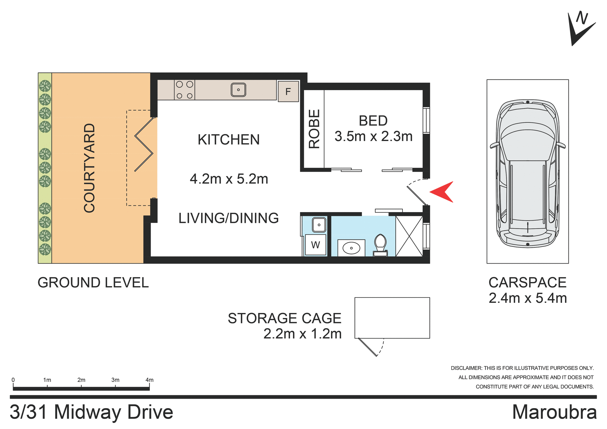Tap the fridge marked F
[288, 92]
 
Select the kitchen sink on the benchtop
[238, 90]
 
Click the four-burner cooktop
[185, 90]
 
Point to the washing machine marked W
[316, 245]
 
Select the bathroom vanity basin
[351, 248]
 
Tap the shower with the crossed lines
[409, 236]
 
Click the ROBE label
[314, 129]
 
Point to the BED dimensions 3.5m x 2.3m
[373, 137]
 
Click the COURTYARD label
[89, 168]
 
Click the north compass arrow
[579, 29]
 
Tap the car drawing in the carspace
[527, 173]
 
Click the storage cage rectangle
[392, 318]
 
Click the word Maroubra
[554, 412]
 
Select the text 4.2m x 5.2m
[229, 179]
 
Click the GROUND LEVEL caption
[93, 283]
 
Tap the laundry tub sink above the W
[319, 225]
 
